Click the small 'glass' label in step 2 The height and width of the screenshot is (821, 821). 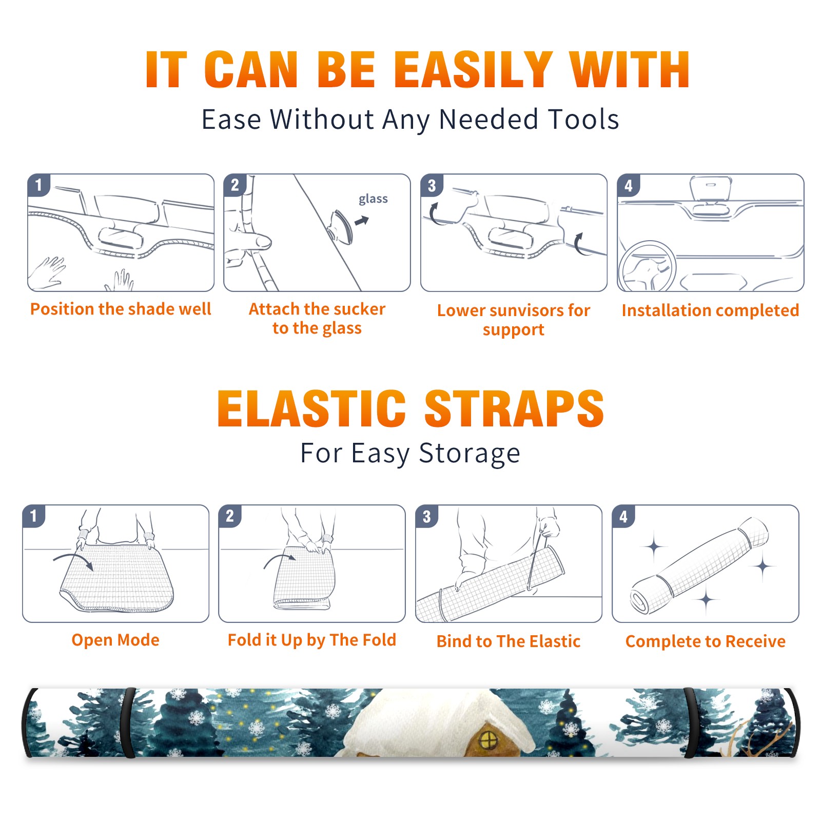pos(373,199)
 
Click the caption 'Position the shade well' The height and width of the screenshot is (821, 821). pos(121,309)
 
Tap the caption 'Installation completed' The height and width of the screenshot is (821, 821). pos(710,310)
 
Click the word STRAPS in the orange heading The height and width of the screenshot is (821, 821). pos(514,408)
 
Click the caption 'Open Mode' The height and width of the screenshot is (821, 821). pos(115,640)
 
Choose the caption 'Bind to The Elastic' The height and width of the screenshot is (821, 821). pos(509,641)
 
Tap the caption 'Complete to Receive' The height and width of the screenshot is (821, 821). pos(706,641)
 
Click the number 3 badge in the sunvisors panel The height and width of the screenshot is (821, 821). pos(432,185)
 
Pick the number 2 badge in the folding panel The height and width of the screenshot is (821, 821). pos(230,516)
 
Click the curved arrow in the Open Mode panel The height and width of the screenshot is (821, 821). pos(73,557)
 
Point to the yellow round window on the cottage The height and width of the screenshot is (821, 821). pos(488,740)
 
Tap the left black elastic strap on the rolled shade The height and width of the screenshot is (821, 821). pos(128,723)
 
